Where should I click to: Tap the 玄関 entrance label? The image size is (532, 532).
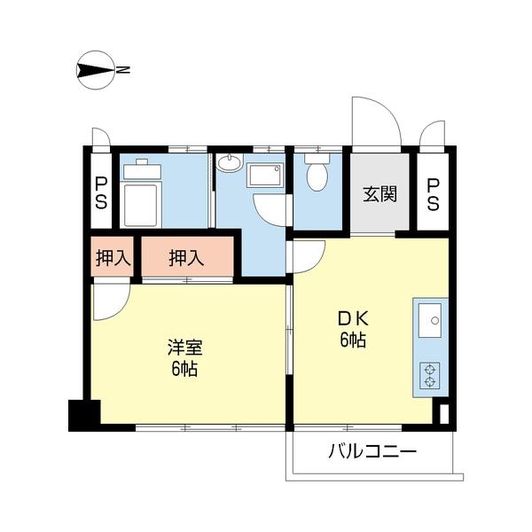(x=379, y=194)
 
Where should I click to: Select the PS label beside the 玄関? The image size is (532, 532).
(x=433, y=194)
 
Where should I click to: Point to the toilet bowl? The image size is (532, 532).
(x=316, y=174)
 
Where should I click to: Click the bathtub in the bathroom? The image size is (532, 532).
(x=264, y=174)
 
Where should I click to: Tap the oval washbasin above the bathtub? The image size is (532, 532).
(x=230, y=163)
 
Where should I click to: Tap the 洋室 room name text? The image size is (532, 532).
(x=184, y=346)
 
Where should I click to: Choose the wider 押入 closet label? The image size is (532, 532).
(x=186, y=258)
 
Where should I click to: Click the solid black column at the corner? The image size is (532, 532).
(x=84, y=415)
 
